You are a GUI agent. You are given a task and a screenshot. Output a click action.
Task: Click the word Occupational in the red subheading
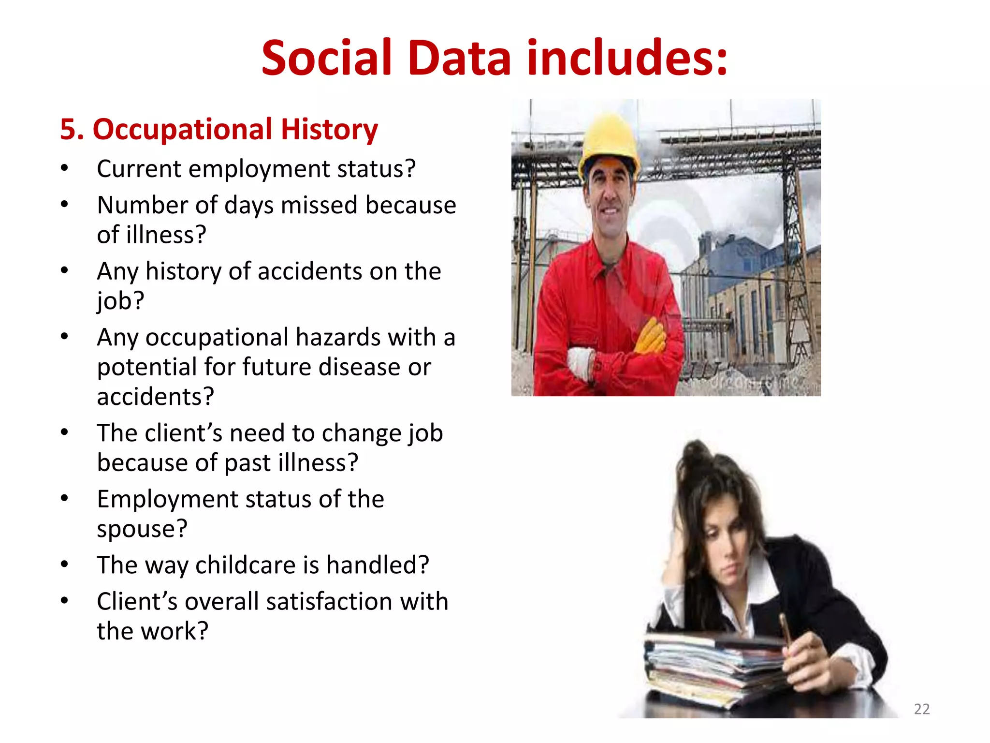click(182, 130)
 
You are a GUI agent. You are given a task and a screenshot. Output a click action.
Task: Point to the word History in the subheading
click(329, 129)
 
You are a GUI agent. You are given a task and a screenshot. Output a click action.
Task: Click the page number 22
click(921, 709)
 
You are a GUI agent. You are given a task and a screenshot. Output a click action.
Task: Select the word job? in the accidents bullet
click(120, 301)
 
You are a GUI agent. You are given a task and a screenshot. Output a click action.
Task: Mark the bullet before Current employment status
click(64, 168)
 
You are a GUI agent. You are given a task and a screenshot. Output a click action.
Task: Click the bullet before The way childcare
click(64, 565)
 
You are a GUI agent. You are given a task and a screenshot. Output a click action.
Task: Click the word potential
click(146, 367)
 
